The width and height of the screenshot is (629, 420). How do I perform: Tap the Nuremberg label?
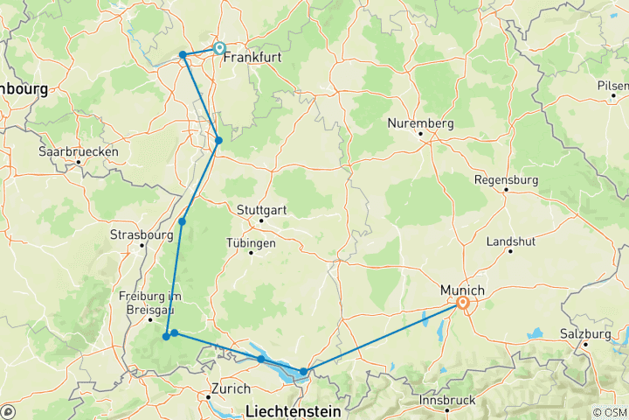[422, 123]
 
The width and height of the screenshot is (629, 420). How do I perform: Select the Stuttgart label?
[261, 210]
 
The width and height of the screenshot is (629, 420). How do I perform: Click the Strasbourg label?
[138, 234]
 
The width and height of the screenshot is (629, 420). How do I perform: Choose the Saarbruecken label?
[78, 151]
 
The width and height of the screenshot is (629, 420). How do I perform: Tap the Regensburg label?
[507, 179]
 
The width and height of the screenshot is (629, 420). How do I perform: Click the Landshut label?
[510, 240]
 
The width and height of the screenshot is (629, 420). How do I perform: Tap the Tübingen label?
[251, 242]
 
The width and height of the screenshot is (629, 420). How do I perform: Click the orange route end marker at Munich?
[462, 304]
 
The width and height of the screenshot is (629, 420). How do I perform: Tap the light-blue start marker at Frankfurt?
[219, 49]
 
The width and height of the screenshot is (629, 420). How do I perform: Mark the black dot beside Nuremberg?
[420, 134]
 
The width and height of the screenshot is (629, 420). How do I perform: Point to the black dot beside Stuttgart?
[259, 220]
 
